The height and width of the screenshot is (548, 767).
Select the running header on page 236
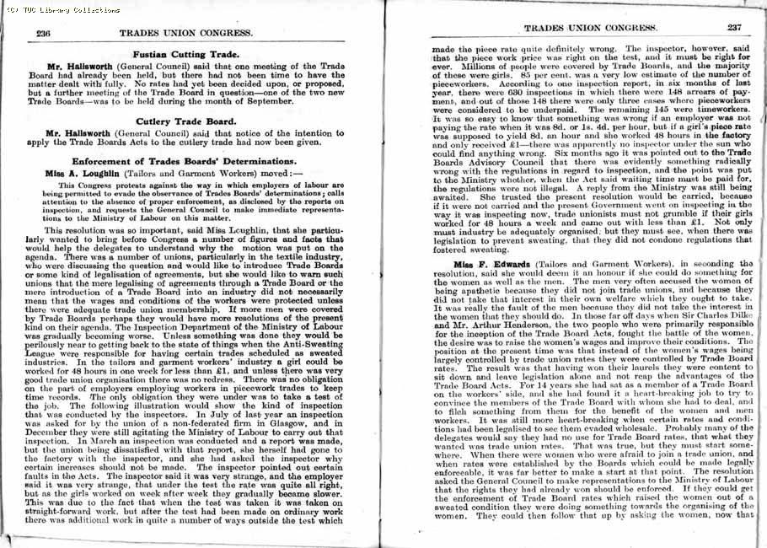click(x=186, y=32)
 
